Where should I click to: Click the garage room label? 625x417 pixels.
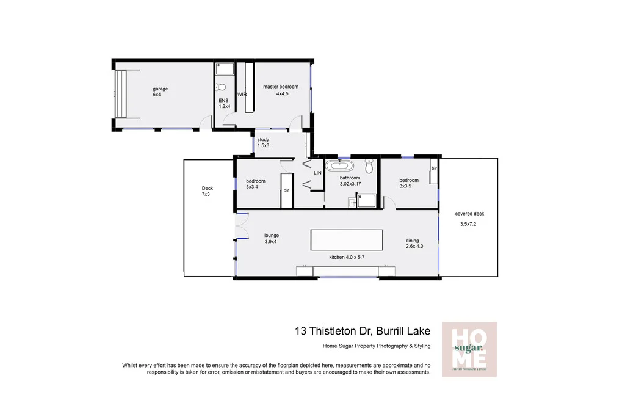(160, 89)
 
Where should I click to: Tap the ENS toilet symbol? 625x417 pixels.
(222, 87)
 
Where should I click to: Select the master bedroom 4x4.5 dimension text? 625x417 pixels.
(281, 94)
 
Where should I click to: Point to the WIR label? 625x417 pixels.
(242, 95)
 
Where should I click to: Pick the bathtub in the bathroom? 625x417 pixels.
(339, 165)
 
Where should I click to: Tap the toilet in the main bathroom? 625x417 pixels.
(369, 167)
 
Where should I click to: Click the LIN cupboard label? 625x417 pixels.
(317, 173)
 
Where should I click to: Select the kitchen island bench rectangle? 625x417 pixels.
(347, 239)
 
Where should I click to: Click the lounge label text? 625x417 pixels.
(272, 235)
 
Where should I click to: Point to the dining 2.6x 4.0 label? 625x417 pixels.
(414, 243)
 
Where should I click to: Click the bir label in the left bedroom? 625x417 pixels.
(286, 190)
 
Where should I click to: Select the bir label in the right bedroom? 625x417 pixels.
(434, 168)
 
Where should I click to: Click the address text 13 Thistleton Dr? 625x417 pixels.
(360, 331)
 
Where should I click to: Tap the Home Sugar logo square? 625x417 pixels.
(469, 349)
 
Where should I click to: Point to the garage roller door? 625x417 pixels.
(122, 94)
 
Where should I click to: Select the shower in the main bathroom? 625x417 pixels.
(366, 200)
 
